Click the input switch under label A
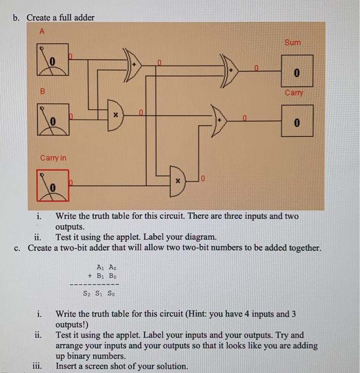(x=53, y=59)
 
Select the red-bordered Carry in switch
(x=53, y=184)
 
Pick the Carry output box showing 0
(x=297, y=121)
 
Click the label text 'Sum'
(x=292, y=42)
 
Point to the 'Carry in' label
(x=53, y=158)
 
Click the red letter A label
(x=43, y=31)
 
